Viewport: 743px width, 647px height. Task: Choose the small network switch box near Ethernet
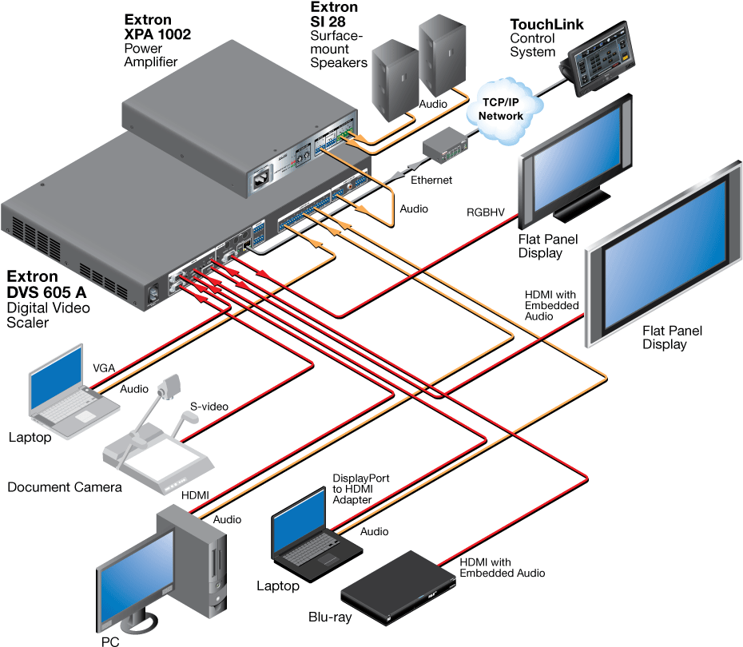click(443, 146)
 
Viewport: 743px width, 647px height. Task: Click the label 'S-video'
click(209, 407)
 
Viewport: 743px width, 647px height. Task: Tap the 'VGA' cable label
click(103, 367)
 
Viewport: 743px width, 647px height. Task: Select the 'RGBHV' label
click(487, 212)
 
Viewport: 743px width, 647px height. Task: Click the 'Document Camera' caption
click(65, 486)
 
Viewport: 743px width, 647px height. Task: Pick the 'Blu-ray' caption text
click(331, 617)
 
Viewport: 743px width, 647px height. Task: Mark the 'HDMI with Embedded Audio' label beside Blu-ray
click(502, 567)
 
